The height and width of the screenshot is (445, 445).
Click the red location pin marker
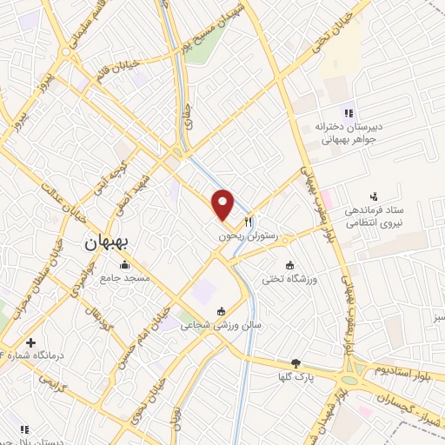coord(223,205)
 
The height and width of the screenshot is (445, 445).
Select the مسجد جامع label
coord(125,277)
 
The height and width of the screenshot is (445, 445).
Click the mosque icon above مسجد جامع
coord(125,265)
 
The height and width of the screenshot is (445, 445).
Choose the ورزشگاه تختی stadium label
coord(289,279)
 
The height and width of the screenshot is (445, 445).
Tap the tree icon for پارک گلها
coord(296,363)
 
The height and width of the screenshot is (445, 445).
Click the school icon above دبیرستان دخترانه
coord(348,112)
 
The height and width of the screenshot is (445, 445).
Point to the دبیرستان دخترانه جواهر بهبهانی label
coord(348,131)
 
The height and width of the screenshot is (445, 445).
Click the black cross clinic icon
coord(31,343)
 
